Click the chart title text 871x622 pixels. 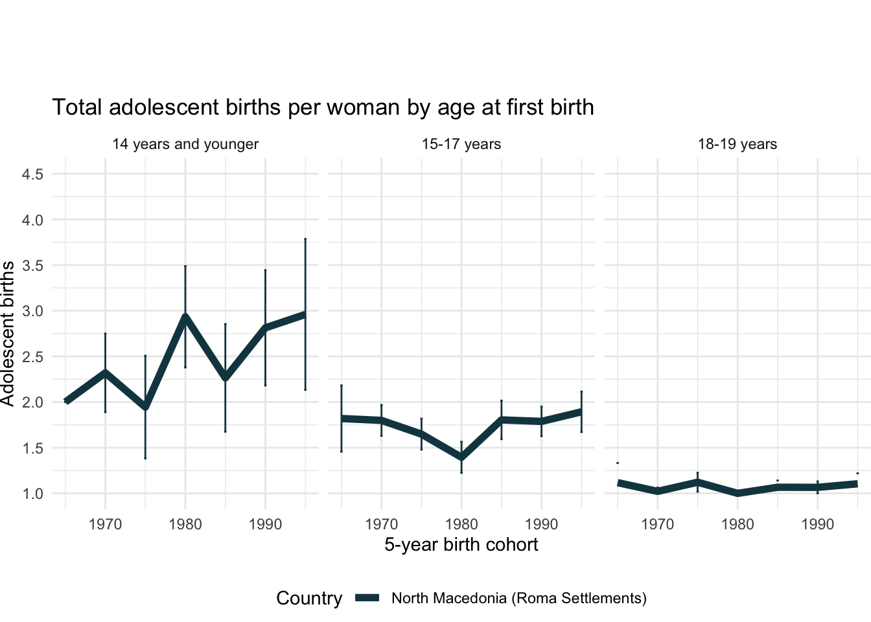tap(323, 107)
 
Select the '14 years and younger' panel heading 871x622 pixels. tap(185, 144)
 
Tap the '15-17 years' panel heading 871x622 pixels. tap(461, 144)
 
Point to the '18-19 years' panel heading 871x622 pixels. tap(737, 144)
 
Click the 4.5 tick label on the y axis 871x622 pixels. tap(32, 174)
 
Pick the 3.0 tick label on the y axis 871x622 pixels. tap(32, 311)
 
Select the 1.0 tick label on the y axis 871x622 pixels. tap(32, 494)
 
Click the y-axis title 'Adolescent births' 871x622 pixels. tap(8, 334)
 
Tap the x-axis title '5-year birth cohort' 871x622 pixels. tap(461, 544)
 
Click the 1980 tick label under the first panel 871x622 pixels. tap(185, 524)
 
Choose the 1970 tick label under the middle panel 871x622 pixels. tap(381, 524)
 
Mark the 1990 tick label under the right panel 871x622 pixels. tap(817, 524)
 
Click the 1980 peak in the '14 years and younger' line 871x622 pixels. tap(185, 317)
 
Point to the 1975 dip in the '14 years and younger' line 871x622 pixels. tap(145, 408)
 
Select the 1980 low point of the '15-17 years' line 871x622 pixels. tap(461, 457)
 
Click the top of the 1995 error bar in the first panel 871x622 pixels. tap(305, 239)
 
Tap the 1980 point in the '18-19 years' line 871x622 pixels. tap(737, 493)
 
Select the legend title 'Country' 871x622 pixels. tap(309, 598)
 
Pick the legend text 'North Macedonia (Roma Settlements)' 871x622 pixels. tap(519, 598)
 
